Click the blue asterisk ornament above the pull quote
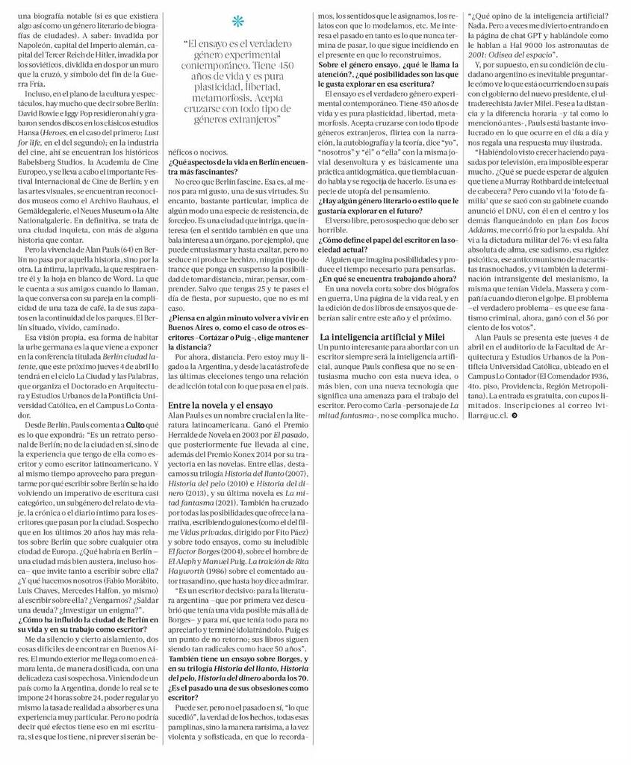(x=237, y=19)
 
